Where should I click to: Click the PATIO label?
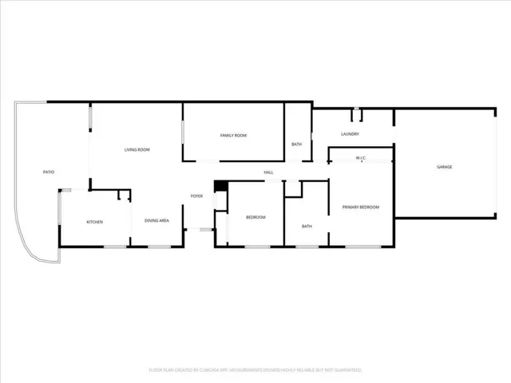[x=49, y=172]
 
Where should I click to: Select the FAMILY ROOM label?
[x=234, y=136]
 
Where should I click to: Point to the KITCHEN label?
[x=94, y=222]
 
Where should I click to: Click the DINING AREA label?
[x=156, y=220]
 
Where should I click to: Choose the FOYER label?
[x=196, y=196]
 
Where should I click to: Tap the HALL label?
[x=269, y=172]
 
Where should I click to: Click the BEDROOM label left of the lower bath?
[x=255, y=217]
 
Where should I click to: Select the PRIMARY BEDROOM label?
[x=360, y=207]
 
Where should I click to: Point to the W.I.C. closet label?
[x=360, y=158]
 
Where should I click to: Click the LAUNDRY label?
[x=350, y=134]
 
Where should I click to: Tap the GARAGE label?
[x=444, y=167]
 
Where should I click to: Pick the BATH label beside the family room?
[x=296, y=144]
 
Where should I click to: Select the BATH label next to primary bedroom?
[x=307, y=226]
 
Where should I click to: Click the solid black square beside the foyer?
[x=221, y=186]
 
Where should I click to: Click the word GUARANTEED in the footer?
[x=347, y=370]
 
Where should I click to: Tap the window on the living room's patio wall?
[x=89, y=119]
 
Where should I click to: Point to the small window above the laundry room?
[x=356, y=110]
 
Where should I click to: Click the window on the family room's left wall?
[x=184, y=132]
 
